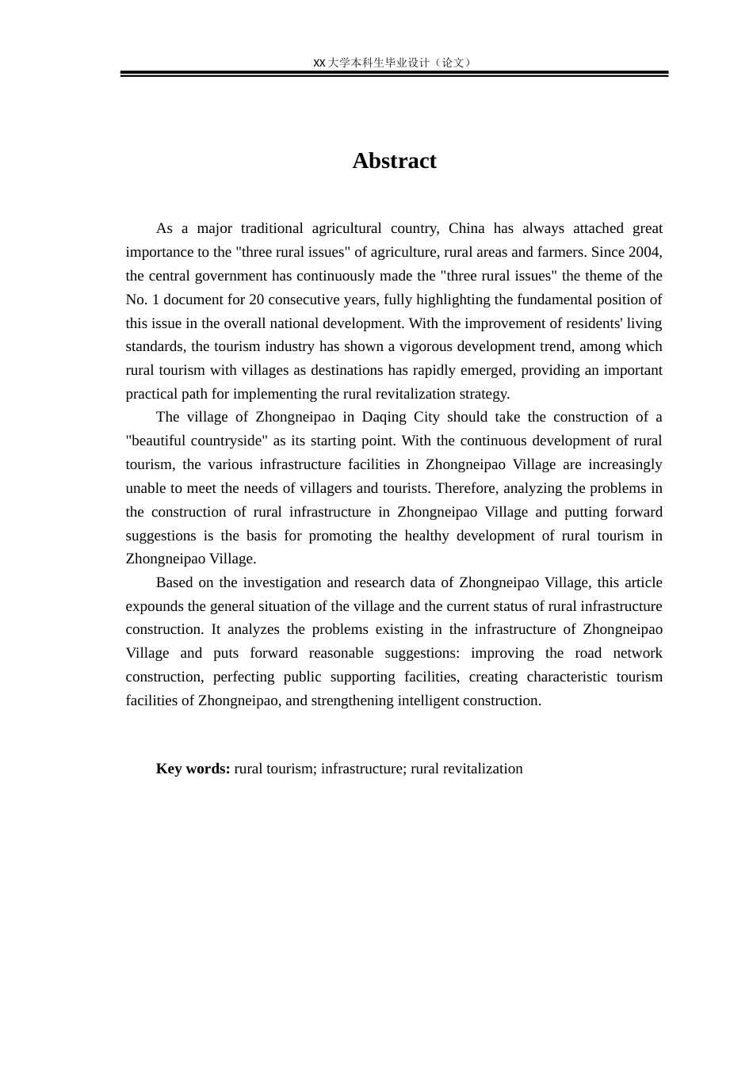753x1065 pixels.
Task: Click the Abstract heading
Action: pyautogui.click(x=394, y=161)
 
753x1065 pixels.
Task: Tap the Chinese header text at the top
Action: pyautogui.click(x=394, y=63)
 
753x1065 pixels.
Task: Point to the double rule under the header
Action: pyautogui.click(x=394, y=74)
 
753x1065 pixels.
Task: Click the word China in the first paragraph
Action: pyautogui.click(x=466, y=228)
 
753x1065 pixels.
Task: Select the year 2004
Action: pyautogui.click(x=644, y=252)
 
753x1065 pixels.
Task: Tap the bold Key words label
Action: pyautogui.click(x=193, y=769)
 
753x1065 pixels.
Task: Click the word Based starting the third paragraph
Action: pyautogui.click(x=174, y=582)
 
